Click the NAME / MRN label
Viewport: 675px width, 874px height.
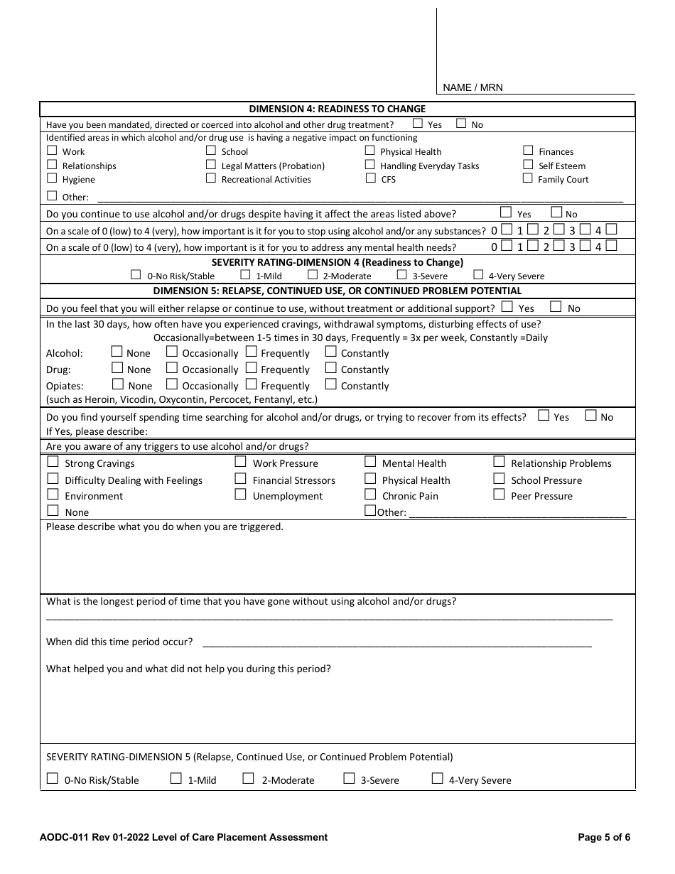[x=472, y=87]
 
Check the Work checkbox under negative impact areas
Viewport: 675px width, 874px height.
[x=52, y=151]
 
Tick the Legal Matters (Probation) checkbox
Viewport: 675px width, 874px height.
[x=211, y=165]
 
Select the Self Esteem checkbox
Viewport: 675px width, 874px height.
[x=528, y=165]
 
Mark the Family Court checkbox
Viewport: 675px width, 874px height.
[x=528, y=178]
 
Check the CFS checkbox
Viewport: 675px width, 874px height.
[x=370, y=178]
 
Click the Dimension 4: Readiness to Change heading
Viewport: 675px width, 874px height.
[x=337, y=109]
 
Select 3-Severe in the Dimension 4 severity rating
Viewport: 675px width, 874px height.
[x=402, y=275]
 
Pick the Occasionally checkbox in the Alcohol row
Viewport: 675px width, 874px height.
[x=172, y=352]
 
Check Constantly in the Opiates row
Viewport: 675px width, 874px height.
[x=330, y=384]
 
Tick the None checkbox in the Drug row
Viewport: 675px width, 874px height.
[x=117, y=368]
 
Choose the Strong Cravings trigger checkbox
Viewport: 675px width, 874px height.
[x=53, y=462]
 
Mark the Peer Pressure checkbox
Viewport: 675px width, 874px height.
[x=499, y=495]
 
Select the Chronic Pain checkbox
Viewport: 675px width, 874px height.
[x=370, y=495]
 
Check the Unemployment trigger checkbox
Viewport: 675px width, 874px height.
[x=240, y=495]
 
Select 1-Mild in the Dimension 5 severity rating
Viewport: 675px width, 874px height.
[x=176, y=779]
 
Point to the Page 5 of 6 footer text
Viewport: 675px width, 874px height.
[x=604, y=837]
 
